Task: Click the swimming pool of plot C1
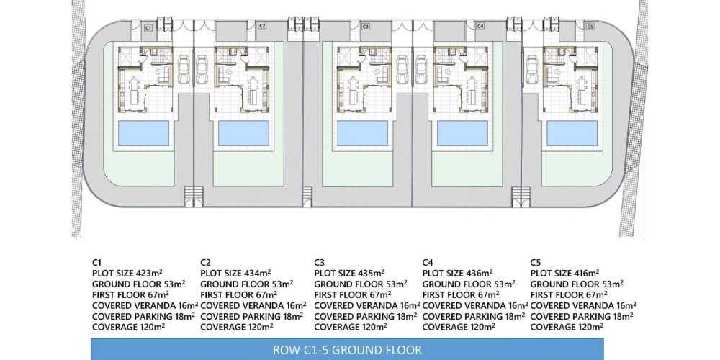click(144, 134)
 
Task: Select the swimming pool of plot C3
click(363, 134)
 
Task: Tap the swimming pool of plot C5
click(572, 134)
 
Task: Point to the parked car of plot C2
click(202, 70)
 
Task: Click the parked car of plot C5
click(533, 70)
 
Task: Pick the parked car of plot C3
click(402, 70)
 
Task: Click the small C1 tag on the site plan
click(148, 28)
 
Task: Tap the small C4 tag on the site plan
click(480, 26)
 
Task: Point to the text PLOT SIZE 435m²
click(349, 274)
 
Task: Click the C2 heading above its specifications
click(206, 263)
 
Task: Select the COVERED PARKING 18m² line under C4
click(474, 316)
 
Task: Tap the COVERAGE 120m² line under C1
click(129, 327)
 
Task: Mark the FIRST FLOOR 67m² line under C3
click(353, 294)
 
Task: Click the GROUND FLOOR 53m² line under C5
click(577, 284)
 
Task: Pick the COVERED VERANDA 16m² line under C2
click(253, 305)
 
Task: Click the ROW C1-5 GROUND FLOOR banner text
click(347, 350)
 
